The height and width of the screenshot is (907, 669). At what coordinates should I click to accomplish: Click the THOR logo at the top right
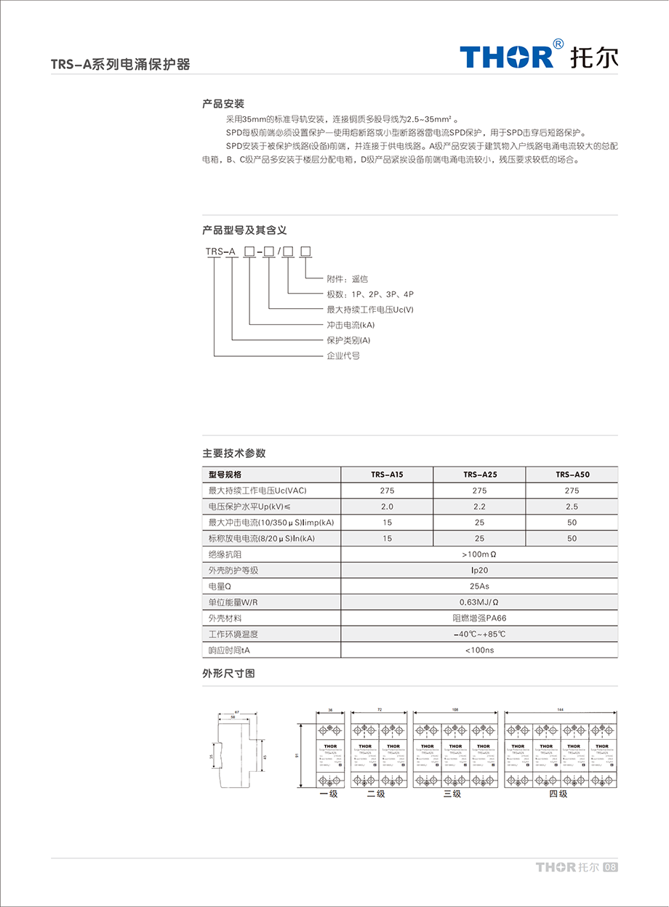click(538, 56)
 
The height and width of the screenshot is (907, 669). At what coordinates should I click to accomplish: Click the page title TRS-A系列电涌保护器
click(120, 64)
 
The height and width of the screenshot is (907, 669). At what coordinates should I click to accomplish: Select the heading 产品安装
click(223, 104)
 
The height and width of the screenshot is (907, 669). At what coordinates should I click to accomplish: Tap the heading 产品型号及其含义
click(244, 230)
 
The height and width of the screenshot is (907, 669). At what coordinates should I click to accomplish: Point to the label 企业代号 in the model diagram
click(343, 355)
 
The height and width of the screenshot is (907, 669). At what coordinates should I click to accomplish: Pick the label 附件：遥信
click(348, 279)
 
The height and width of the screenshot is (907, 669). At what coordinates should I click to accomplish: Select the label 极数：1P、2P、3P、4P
click(370, 294)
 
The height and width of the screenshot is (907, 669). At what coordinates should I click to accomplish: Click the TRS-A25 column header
click(479, 475)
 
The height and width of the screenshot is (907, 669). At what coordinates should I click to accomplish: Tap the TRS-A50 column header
click(572, 475)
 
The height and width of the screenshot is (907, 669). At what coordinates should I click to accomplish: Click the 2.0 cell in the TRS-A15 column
click(387, 507)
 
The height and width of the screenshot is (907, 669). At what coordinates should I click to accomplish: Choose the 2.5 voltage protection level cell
click(572, 507)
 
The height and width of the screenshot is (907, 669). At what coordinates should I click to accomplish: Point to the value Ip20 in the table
click(479, 571)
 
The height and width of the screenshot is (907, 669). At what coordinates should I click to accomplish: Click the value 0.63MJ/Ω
click(479, 602)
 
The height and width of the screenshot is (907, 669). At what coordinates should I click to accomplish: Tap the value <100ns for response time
click(479, 650)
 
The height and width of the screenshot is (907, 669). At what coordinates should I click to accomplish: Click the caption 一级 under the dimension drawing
click(329, 794)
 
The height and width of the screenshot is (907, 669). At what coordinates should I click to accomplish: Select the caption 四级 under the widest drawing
click(558, 794)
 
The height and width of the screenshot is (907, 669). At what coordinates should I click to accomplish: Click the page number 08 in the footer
click(611, 867)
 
